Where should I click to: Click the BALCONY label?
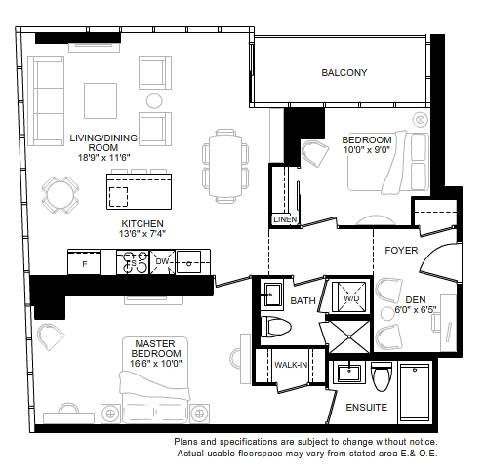344,72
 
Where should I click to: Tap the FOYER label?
401,250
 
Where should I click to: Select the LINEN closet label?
285,219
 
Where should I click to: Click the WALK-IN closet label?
291,365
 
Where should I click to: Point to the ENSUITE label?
367,407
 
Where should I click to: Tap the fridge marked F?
84,262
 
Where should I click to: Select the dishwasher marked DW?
162,262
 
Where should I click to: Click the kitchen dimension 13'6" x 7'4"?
142,233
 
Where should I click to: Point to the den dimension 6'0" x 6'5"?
416,309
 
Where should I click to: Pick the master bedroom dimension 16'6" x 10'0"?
155,363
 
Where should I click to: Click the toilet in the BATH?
276,327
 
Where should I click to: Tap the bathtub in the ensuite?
415,392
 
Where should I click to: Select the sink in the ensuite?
349,373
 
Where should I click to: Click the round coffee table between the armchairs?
154,100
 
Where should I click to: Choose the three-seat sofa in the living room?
46,100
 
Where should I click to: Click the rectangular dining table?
225,167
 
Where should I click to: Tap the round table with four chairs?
61,195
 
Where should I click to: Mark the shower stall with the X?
349,337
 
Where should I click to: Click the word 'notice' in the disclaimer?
423,442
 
